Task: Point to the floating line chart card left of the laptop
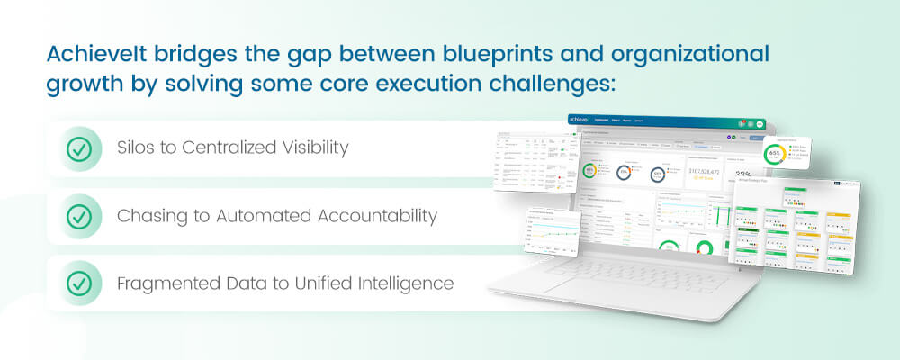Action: click(x=552, y=230)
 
